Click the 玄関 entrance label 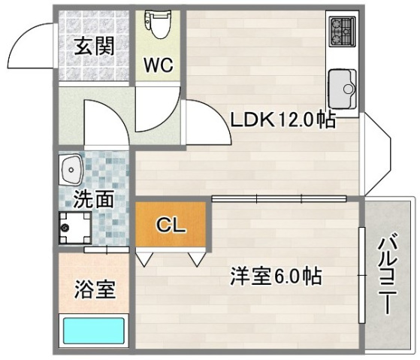click(94, 46)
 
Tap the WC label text click(159, 65)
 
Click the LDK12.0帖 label click(283, 119)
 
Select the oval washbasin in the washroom click(71, 171)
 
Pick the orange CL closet click(171, 224)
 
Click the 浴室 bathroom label click(94, 289)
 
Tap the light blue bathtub click(93, 330)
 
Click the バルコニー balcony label click(387, 274)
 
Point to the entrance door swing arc click(30, 45)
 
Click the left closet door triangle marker click(144, 258)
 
